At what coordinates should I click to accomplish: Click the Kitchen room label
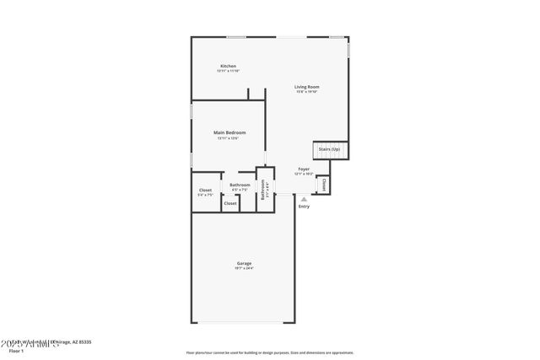(228, 66)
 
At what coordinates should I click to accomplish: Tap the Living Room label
(306, 87)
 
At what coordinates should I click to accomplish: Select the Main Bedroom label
(229, 132)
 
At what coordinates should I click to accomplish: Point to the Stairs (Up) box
(329, 149)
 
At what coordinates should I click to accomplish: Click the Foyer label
(304, 169)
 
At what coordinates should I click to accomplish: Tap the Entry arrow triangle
(304, 198)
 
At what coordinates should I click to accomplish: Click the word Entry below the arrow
(304, 207)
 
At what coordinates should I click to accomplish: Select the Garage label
(244, 264)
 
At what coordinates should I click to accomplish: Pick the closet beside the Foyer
(323, 183)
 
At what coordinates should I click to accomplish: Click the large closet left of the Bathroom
(205, 191)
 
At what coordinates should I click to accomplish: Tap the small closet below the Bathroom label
(229, 203)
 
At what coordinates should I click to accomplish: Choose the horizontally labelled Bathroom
(240, 185)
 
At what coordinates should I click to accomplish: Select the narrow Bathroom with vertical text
(263, 190)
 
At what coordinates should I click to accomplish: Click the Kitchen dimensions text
(228, 71)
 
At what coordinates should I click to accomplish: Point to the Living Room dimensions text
(306, 92)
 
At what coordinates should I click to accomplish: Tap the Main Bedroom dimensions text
(229, 138)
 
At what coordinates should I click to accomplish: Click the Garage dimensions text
(244, 269)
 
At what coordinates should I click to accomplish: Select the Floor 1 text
(16, 350)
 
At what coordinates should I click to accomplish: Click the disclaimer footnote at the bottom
(269, 352)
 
